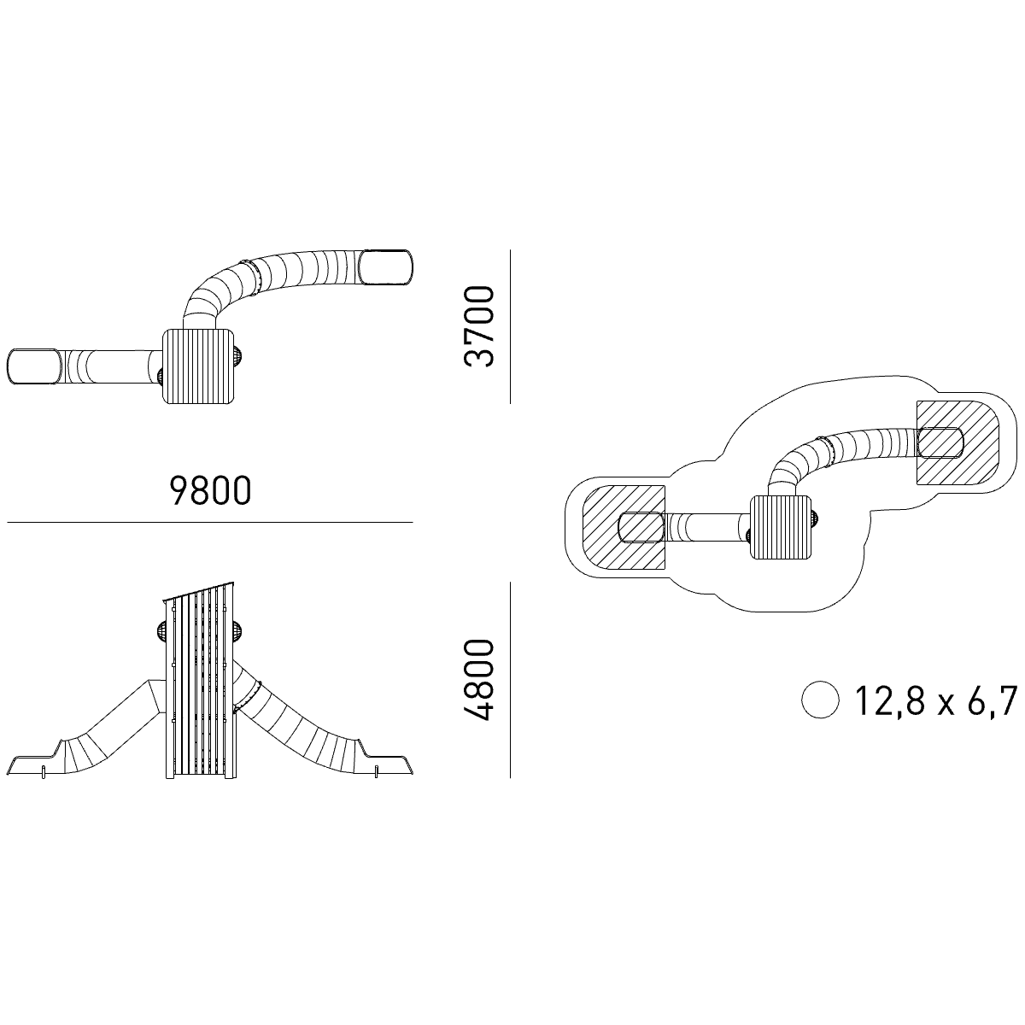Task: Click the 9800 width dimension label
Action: [x=210, y=490]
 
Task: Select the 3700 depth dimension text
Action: [x=479, y=326]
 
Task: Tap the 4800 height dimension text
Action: [x=479, y=679]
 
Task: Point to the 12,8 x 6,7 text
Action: [x=935, y=701]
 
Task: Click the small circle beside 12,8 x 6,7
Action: [x=820, y=700]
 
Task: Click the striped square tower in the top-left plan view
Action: [x=198, y=366]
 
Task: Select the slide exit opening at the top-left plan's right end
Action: [x=386, y=267]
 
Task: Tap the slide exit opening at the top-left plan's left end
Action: [x=34, y=366]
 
